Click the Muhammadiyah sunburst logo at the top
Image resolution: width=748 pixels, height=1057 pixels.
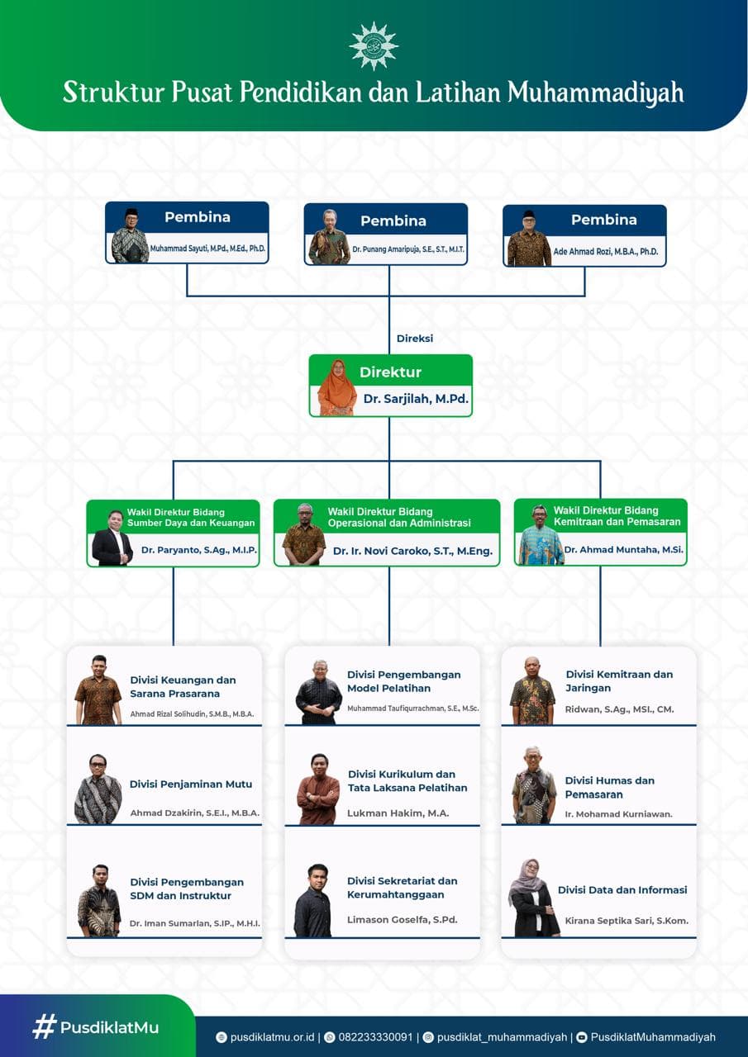point(374,45)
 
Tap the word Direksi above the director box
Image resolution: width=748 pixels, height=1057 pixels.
point(415,339)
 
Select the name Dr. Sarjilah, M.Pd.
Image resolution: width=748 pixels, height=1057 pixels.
point(416,399)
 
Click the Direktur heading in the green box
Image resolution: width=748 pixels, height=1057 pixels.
point(390,372)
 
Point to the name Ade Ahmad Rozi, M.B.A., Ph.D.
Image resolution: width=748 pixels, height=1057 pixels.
point(605,252)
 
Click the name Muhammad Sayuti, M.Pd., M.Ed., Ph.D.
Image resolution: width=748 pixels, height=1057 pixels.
point(207,249)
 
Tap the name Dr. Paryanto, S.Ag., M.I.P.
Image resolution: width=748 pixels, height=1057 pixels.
point(199,550)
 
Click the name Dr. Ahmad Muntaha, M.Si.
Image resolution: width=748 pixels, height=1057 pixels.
point(623,549)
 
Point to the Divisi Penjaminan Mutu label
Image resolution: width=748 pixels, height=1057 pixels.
point(191,784)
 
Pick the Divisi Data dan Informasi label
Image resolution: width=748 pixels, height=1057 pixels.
point(622,889)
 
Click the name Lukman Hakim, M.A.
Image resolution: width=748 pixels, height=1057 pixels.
point(398,813)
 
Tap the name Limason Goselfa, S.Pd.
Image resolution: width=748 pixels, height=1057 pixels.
point(402,919)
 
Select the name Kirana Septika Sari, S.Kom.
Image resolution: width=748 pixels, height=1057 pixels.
point(627,920)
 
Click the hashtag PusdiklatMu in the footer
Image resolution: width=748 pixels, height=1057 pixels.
point(96,1027)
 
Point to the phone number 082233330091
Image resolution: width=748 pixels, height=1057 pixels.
point(375,1036)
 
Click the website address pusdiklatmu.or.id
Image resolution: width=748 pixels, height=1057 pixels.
point(272,1036)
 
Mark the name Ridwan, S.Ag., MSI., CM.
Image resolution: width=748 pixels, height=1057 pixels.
point(619,709)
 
